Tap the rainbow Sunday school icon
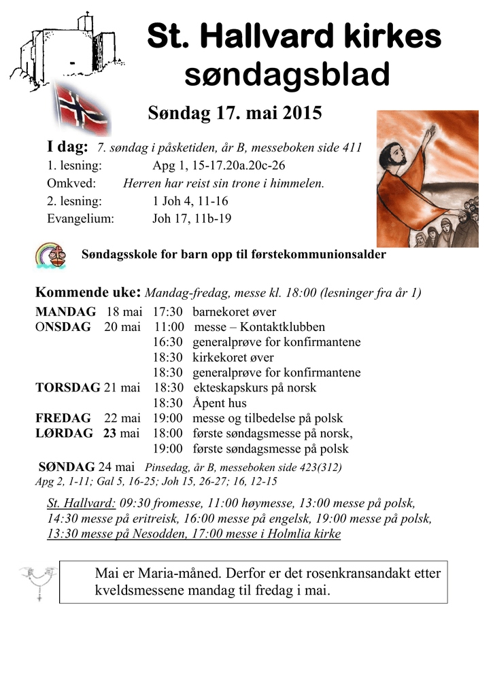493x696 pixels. click(51, 255)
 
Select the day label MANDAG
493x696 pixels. click(65, 312)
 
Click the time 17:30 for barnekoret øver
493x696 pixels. click(167, 312)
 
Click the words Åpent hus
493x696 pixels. click(220, 403)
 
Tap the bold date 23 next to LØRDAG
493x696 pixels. click(110, 433)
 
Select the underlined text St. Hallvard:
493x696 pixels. click(81, 503)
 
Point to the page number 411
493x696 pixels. click(351, 147)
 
